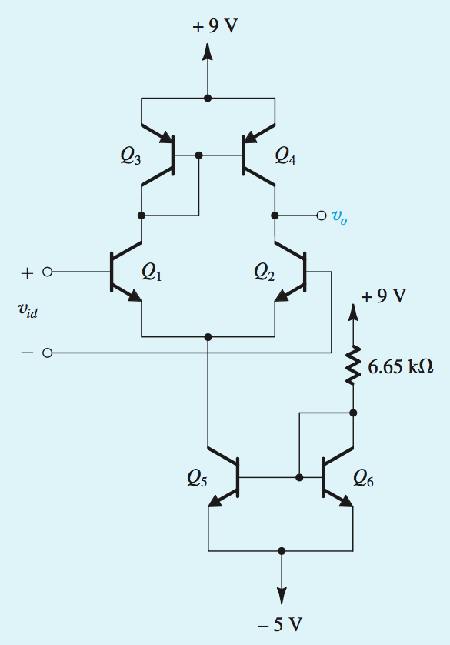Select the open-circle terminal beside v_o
[322, 216]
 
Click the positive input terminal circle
[48, 272]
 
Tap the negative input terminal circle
[48, 353]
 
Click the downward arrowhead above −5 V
[282, 594]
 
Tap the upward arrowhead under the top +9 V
[207, 52]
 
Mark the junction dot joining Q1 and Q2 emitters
[208, 336]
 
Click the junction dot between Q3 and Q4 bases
[199, 155]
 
